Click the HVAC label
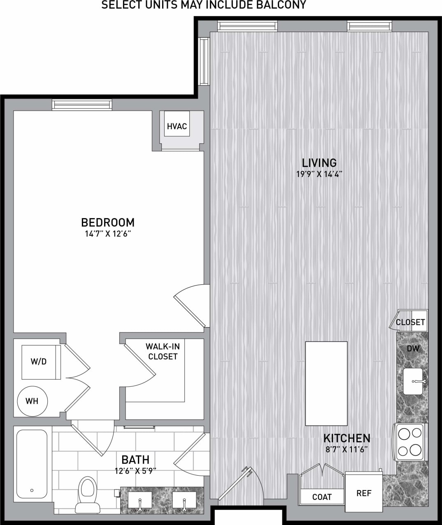pos(177,126)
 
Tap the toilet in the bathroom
pos(86,491)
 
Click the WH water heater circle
pos(32,401)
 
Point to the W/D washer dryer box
pos(40,362)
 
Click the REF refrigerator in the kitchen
pos(364,492)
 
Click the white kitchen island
pos(326,383)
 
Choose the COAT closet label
pos(322,497)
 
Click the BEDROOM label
pos(108,223)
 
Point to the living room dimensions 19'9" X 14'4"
pos(319,174)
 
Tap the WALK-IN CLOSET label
pos(163,351)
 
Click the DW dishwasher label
pos(413,349)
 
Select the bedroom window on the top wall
pos(82,105)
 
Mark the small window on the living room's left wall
pos(204,61)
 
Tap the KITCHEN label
pos(347,438)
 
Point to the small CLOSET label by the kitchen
pos(410,322)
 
